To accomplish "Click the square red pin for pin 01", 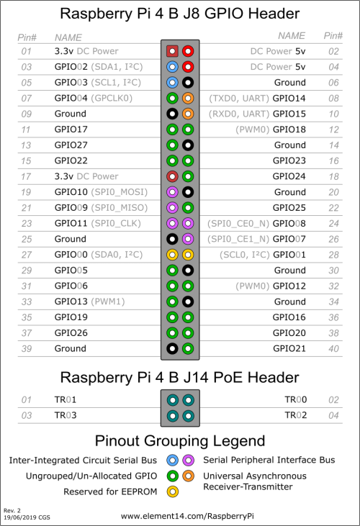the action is (172, 51).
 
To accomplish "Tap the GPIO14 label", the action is (289, 99).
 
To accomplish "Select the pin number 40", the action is (333, 349).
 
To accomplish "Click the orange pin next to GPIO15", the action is (188, 114).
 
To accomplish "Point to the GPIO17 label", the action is (71, 130).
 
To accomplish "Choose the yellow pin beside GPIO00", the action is (172, 255).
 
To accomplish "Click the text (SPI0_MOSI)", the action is (120, 192).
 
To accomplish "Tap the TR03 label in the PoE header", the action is (66, 415).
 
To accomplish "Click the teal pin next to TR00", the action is (188, 400).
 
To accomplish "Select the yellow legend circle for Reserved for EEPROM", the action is (173, 491).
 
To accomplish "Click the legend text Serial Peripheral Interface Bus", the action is (269, 460).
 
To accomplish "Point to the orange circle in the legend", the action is (188, 476).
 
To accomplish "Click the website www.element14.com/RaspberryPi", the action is (187, 516).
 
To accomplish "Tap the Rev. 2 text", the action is (12, 510).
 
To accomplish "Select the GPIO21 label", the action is (289, 348).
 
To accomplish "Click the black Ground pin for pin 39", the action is (172, 348).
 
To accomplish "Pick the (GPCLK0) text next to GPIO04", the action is (112, 99).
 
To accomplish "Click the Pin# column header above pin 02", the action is (333, 36).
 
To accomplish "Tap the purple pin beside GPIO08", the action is (188, 223).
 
